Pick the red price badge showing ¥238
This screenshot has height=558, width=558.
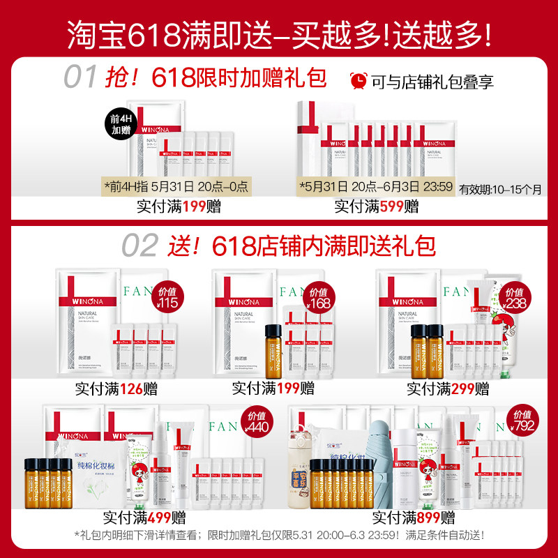(515, 299)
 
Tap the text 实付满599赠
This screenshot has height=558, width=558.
(377, 206)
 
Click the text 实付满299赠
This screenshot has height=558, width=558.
(449, 388)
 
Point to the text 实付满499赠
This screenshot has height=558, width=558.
(144, 518)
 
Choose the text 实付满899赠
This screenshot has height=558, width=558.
(413, 518)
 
